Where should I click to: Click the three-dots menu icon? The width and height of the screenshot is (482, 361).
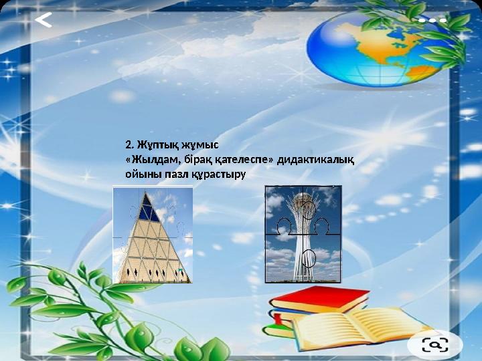[x=432, y=21]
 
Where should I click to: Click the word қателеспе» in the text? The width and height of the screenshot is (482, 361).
[x=242, y=159]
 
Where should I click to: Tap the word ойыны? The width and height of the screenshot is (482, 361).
[x=141, y=174]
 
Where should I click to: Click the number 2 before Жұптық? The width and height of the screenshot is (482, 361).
[x=129, y=144]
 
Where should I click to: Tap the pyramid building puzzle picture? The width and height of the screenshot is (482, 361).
[x=153, y=235]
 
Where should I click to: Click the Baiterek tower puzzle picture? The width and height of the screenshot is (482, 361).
[x=303, y=234]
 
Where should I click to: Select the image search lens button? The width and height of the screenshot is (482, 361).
[x=434, y=344]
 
